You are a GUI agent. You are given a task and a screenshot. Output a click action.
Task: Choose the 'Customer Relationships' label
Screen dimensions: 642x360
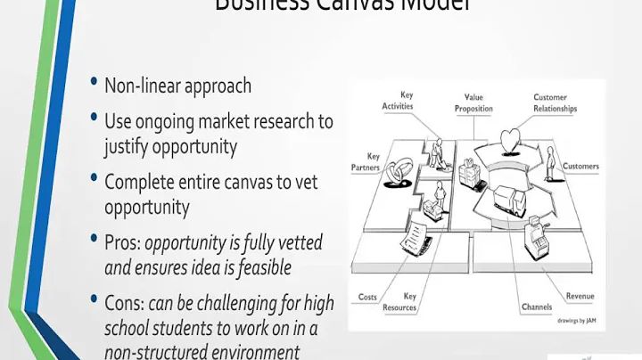tap(555, 102)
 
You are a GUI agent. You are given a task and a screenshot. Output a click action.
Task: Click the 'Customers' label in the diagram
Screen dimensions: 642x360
tap(580, 167)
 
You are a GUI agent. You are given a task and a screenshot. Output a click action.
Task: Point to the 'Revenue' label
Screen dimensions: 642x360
tap(580, 296)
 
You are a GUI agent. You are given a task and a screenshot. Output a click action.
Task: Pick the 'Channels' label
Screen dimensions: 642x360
tap(537, 307)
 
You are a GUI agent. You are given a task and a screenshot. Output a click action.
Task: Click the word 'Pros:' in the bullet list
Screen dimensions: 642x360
tap(122, 241)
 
